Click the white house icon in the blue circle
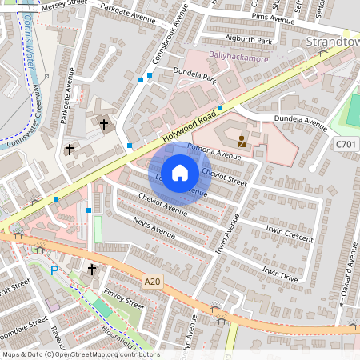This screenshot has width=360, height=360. tap(180, 172)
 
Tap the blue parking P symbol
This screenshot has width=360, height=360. tap(54, 270)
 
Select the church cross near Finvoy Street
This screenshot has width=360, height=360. tap(91, 270)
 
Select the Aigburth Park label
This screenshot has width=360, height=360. tap(250, 39)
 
